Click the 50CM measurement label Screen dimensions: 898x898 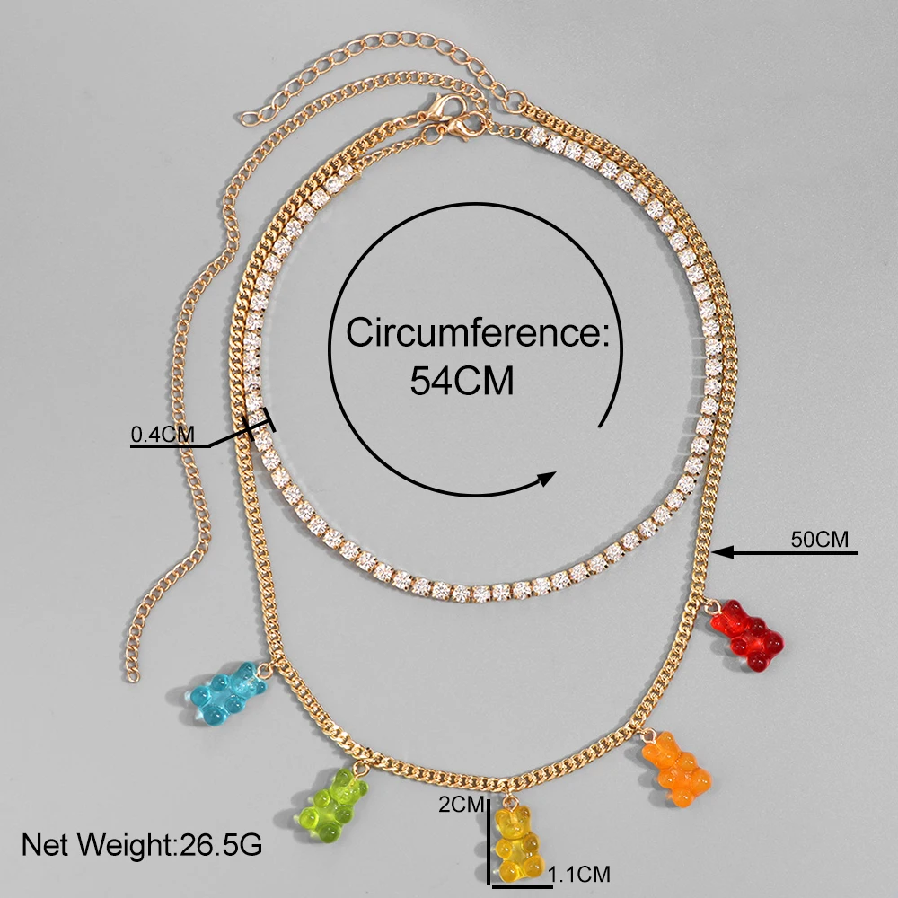[x=819, y=540]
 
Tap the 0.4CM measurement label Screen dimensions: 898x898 [x=163, y=435]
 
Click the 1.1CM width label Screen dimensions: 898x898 [x=580, y=872]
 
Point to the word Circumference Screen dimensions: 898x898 [x=478, y=333]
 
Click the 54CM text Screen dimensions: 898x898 [x=462, y=381]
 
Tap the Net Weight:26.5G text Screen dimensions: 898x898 [x=141, y=845]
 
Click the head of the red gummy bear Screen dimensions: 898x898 [x=729, y=619]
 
